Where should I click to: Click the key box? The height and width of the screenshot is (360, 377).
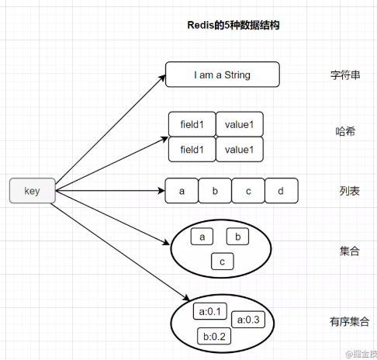click(32, 191)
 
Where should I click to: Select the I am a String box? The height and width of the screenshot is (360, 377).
click(223, 75)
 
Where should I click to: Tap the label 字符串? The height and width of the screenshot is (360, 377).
click(341, 76)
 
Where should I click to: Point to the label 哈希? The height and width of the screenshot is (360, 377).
click(341, 132)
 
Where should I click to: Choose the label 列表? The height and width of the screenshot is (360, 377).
click(341, 191)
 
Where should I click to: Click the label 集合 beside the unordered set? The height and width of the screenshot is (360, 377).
click(341, 251)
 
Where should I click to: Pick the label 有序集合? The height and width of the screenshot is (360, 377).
click(341, 320)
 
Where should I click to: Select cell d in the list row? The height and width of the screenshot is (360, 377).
click(281, 191)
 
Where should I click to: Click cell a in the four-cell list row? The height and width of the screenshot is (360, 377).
click(182, 191)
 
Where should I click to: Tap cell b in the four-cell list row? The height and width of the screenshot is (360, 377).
click(215, 191)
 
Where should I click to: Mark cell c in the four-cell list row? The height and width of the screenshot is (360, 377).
click(248, 191)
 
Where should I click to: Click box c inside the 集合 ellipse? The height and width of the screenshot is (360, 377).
click(223, 262)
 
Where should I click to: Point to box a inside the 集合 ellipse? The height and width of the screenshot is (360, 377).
click(202, 237)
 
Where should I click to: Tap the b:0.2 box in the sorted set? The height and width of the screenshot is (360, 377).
click(213, 336)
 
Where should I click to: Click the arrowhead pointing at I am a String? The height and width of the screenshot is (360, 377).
click(161, 77)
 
